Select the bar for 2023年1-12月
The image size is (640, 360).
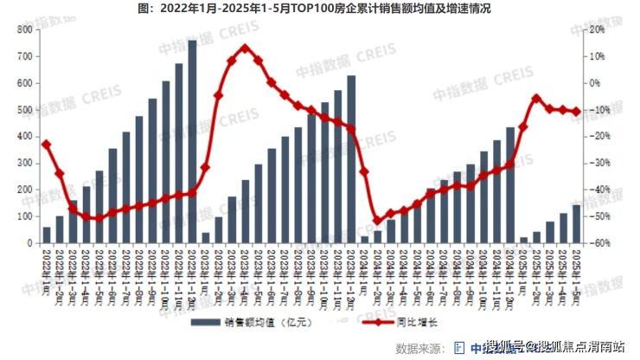[x=351, y=160]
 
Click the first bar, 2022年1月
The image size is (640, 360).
[x=47, y=235]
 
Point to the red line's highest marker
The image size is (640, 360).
[x=245, y=48]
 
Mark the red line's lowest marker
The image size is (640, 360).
[x=377, y=221]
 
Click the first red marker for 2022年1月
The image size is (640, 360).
[x=47, y=145]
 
